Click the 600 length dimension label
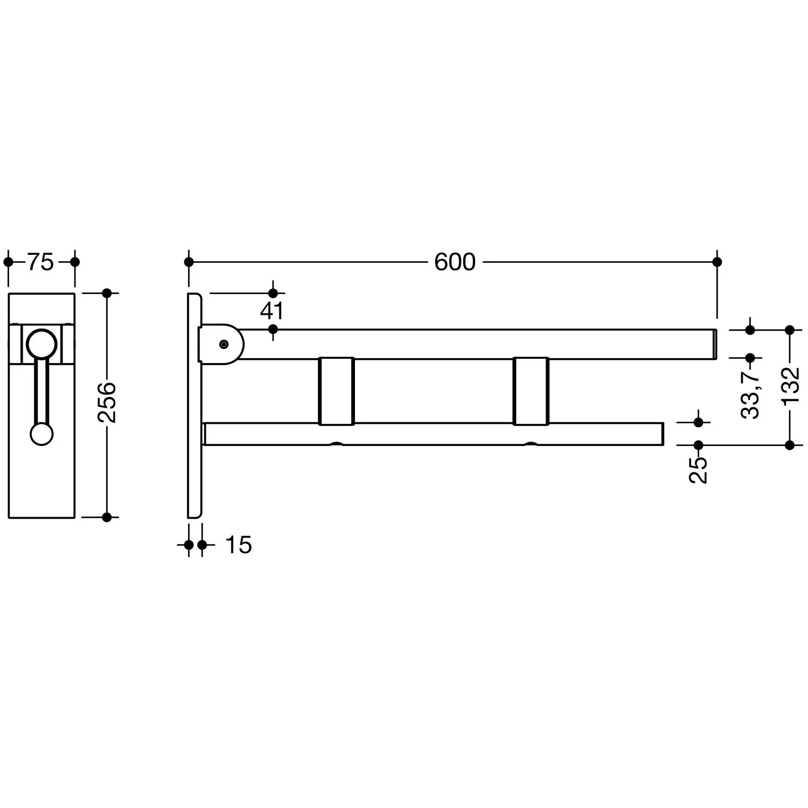(455, 262)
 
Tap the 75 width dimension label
(41, 262)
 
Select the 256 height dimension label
(107, 402)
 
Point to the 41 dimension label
(271, 311)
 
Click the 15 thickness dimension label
(238, 545)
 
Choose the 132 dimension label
(790, 386)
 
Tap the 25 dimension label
(699, 470)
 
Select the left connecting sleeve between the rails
(336, 391)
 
